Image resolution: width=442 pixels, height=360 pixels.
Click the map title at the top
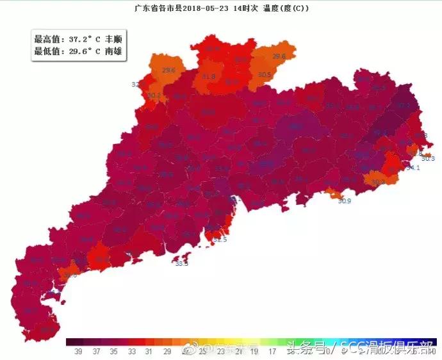tap(221, 8)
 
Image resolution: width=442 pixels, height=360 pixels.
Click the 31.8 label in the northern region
tap(209, 77)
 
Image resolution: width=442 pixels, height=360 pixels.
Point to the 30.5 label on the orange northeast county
tap(265, 75)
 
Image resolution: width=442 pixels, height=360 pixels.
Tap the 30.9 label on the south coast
tap(345, 201)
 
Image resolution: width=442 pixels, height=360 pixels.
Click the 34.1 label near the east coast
tap(413, 168)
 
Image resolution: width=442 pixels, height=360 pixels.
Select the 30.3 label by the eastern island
tap(429, 158)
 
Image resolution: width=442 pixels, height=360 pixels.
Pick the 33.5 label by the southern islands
tap(182, 263)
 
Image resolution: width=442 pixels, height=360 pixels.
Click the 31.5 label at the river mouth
tap(220, 240)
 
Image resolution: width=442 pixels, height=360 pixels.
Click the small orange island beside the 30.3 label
tap(426, 154)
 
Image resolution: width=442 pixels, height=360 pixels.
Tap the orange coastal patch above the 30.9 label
tap(334, 192)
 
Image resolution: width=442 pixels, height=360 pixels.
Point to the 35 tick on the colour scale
tap(113, 351)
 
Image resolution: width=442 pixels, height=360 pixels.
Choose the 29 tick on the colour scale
tap(167, 351)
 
